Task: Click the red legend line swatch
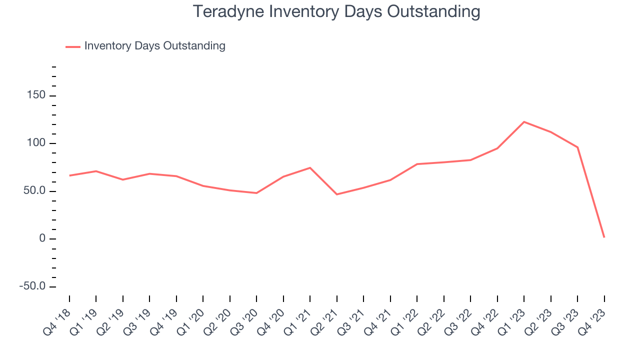[x=73, y=47]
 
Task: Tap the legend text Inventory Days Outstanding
[x=154, y=46]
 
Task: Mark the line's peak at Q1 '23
[x=524, y=122]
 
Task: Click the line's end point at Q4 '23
[x=604, y=237]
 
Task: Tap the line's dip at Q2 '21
[x=337, y=194]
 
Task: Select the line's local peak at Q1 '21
[x=310, y=167]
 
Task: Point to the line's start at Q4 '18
[x=69, y=175]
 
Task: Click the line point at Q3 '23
[x=577, y=147]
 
